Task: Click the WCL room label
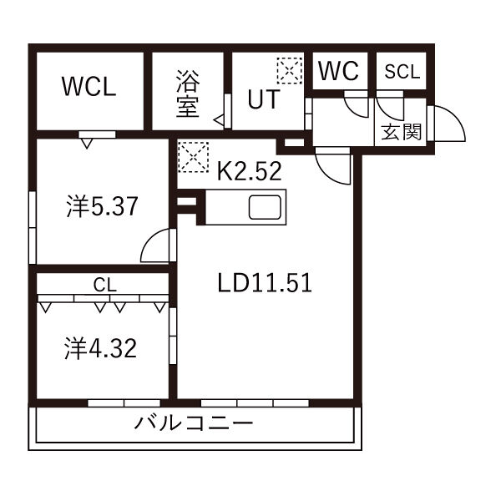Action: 89,87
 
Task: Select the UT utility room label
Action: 264,99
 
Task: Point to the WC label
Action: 338,71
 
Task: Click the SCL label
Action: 402,72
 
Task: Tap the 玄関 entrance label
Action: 402,132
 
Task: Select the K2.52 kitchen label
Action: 249,171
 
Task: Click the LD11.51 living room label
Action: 265,283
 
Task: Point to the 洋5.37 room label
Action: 102,206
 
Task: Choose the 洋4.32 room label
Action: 101,348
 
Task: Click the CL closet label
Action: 105,285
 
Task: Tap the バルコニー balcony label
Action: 194,423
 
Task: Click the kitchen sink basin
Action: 265,208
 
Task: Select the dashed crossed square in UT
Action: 290,71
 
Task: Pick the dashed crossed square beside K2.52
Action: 194,157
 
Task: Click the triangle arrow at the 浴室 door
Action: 219,120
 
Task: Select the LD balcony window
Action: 255,403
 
